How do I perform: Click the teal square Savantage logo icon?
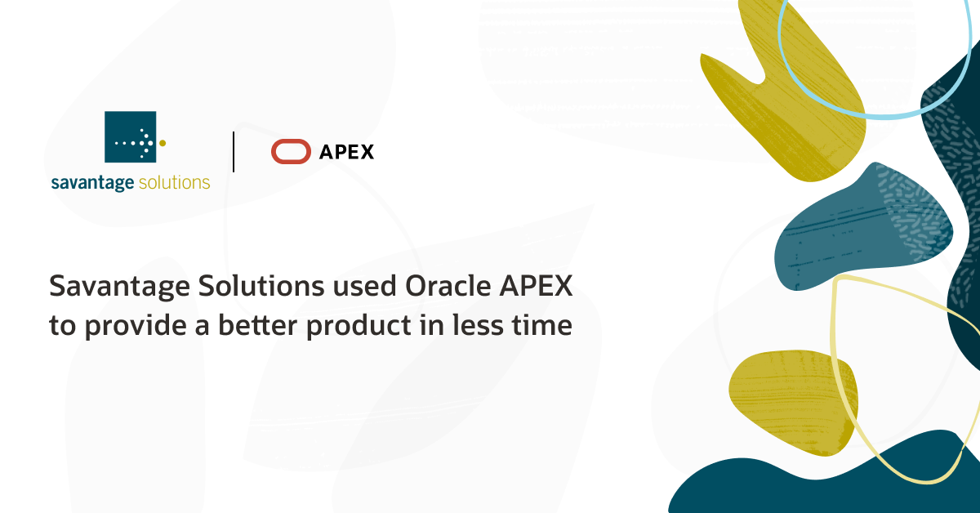(x=130, y=136)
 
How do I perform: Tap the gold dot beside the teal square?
(x=163, y=142)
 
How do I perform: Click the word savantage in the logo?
(x=92, y=182)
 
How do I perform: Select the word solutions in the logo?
(x=174, y=182)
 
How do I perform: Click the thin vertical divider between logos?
(x=234, y=152)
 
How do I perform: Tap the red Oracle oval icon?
(x=291, y=152)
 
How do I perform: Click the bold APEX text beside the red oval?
(x=347, y=152)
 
